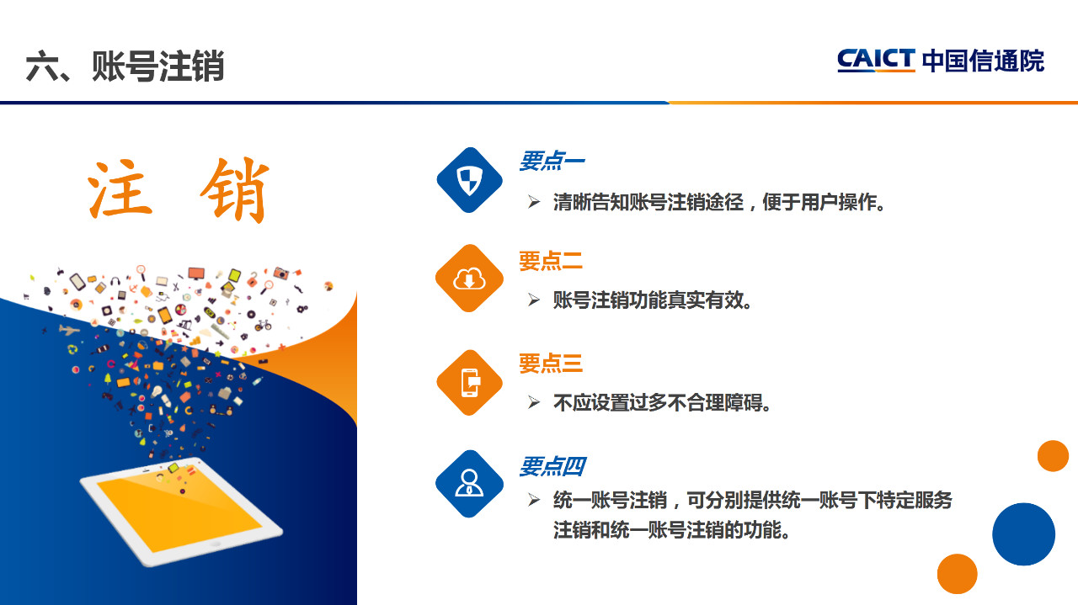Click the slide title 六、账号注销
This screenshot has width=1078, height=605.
click(x=125, y=66)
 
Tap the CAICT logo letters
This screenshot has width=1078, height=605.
click(x=876, y=60)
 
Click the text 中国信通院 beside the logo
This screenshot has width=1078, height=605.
click(x=983, y=61)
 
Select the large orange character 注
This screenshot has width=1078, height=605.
click(x=120, y=189)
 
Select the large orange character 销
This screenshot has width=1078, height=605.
click(x=235, y=190)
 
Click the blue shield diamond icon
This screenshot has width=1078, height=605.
click(x=470, y=180)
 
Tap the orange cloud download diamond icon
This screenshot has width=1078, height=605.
click(x=470, y=278)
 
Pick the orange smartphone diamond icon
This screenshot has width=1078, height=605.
click(x=470, y=383)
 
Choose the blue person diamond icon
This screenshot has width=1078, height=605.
click(x=470, y=484)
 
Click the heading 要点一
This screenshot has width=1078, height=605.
click(x=552, y=161)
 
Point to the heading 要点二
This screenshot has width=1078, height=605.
click(x=551, y=261)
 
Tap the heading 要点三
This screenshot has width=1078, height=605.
click(x=551, y=364)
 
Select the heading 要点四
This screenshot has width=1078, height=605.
click(x=552, y=466)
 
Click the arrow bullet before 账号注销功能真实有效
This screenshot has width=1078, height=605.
click(x=534, y=300)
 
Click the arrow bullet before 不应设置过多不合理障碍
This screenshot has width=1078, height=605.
click(x=534, y=402)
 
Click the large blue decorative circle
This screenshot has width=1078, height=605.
click(x=1023, y=533)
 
